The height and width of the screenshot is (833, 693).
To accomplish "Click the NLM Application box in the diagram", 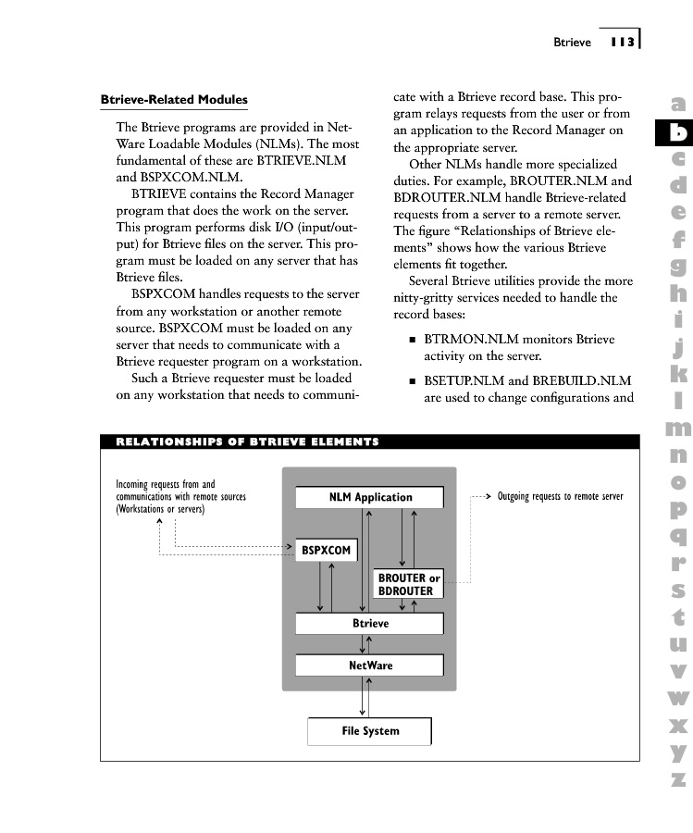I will (x=369, y=497).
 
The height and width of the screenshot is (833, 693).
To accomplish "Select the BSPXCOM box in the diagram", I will (x=326, y=551).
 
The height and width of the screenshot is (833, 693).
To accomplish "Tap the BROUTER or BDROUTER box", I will (x=408, y=584).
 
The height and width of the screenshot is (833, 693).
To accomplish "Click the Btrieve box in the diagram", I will (x=369, y=624).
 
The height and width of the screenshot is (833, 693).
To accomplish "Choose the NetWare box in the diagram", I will (x=369, y=665).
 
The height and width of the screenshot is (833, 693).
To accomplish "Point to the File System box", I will (x=369, y=731).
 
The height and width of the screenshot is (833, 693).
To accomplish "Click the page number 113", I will (x=622, y=42).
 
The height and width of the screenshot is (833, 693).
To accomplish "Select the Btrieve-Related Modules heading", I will (x=174, y=100).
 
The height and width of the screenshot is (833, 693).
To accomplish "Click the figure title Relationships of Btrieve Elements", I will (x=247, y=441).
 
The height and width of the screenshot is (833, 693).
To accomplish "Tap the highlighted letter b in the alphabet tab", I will (x=678, y=133).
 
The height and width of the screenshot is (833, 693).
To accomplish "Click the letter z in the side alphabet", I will (x=678, y=779).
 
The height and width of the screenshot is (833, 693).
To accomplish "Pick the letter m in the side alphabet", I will (x=678, y=429).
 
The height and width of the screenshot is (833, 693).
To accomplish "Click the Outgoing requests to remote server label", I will (x=560, y=497).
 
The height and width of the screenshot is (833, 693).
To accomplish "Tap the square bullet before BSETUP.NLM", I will (x=412, y=381).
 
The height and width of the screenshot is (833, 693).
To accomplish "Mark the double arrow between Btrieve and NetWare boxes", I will (x=369, y=644).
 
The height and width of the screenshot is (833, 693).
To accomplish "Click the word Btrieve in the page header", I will (x=572, y=42).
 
